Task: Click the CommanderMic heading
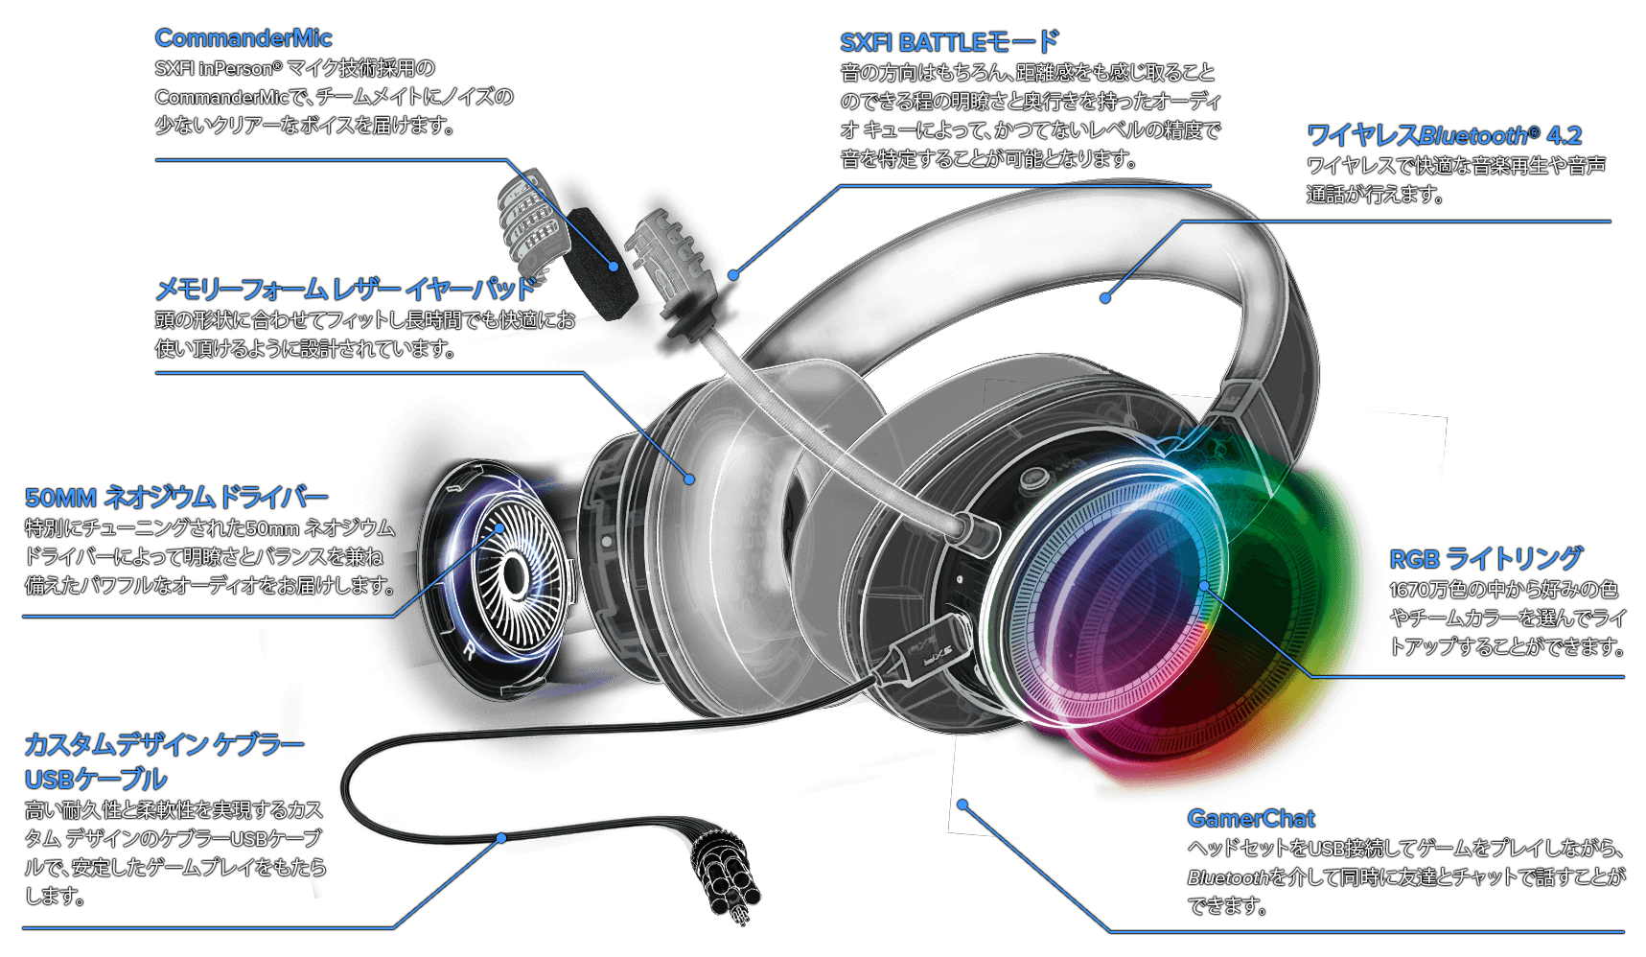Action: pyautogui.click(x=243, y=38)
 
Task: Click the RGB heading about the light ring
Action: pyautogui.click(x=1414, y=559)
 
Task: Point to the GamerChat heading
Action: pyautogui.click(x=1250, y=819)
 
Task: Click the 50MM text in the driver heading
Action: pyautogui.click(x=60, y=499)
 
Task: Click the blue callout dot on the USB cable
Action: pyautogui.click(x=501, y=838)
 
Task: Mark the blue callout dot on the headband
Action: pyautogui.click(x=1105, y=298)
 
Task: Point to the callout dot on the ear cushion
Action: pyautogui.click(x=689, y=478)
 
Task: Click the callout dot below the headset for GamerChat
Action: pyautogui.click(x=962, y=805)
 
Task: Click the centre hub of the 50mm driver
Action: pyautogui.click(x=513, y=574)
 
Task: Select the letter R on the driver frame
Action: pyautogui.click(x=469, y=651)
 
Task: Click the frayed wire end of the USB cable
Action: pyautogui.click(x=729, y=882)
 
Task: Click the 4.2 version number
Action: pyautogui.click(x=1564, y=136)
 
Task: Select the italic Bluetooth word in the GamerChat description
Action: pyautogui.click(x=1227, y=877)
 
